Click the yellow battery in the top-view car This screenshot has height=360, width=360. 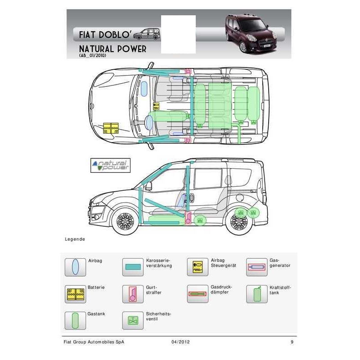point(111,128)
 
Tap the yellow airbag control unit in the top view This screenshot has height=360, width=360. point(156,106)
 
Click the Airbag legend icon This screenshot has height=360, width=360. point(75,267)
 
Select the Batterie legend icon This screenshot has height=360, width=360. point(75,294)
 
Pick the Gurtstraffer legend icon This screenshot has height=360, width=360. point(133,294)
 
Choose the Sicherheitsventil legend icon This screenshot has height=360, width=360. point(133,320)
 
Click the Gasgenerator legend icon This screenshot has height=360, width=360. point(257,267)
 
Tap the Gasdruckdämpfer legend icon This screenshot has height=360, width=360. point(198,294)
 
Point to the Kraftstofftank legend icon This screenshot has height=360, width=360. point(257,294)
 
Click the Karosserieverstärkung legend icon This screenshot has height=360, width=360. point(133,267)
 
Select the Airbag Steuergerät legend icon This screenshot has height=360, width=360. point(198,267)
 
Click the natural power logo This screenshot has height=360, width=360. point(110,165)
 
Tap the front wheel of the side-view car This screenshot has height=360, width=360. point(125,221)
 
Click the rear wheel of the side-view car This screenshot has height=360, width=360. point(239,222)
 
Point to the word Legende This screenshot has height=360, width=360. point(75,239)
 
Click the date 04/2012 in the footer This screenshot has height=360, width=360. point(181,342)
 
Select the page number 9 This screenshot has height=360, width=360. point(292,342)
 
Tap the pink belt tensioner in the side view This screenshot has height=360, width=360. point(188,218)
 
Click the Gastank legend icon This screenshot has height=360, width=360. point(75,320)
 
